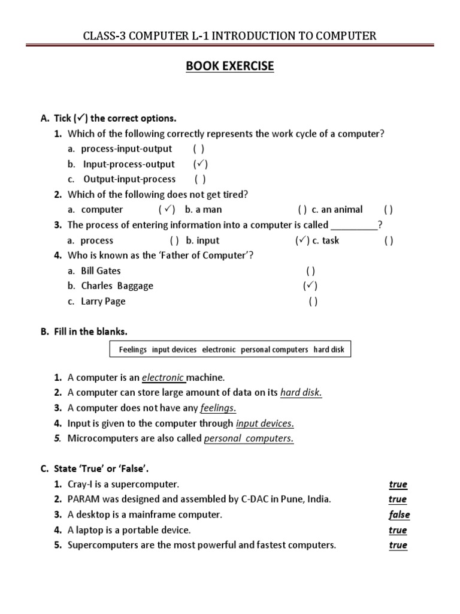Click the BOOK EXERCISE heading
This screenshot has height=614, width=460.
click(x=230, y=66)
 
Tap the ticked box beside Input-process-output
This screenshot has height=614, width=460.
click(x=201, y=164)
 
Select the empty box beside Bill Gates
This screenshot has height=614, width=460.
click(x=310, y=271)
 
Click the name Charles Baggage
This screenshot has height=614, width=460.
click(x=117, y=286)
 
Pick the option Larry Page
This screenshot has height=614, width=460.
click(x=103, y=302)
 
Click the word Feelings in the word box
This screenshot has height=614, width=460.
click(x=132, y=350)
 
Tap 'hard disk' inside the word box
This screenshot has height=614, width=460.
click(x=329, y=350)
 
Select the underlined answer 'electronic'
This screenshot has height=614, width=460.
click(x=164, y=378)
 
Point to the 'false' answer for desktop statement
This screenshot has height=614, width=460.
click(x=399, y=515)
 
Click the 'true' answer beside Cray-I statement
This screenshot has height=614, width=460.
click(x=398, y=484)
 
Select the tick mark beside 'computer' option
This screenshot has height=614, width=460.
click(x=167, y=210)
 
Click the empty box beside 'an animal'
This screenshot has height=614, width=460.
click(x=388, y=210)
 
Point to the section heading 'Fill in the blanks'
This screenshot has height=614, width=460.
click(x=89, y=332)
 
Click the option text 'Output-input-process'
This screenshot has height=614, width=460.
click(x=129, y=179)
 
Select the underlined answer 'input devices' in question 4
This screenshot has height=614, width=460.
click(x=265, y=424)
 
